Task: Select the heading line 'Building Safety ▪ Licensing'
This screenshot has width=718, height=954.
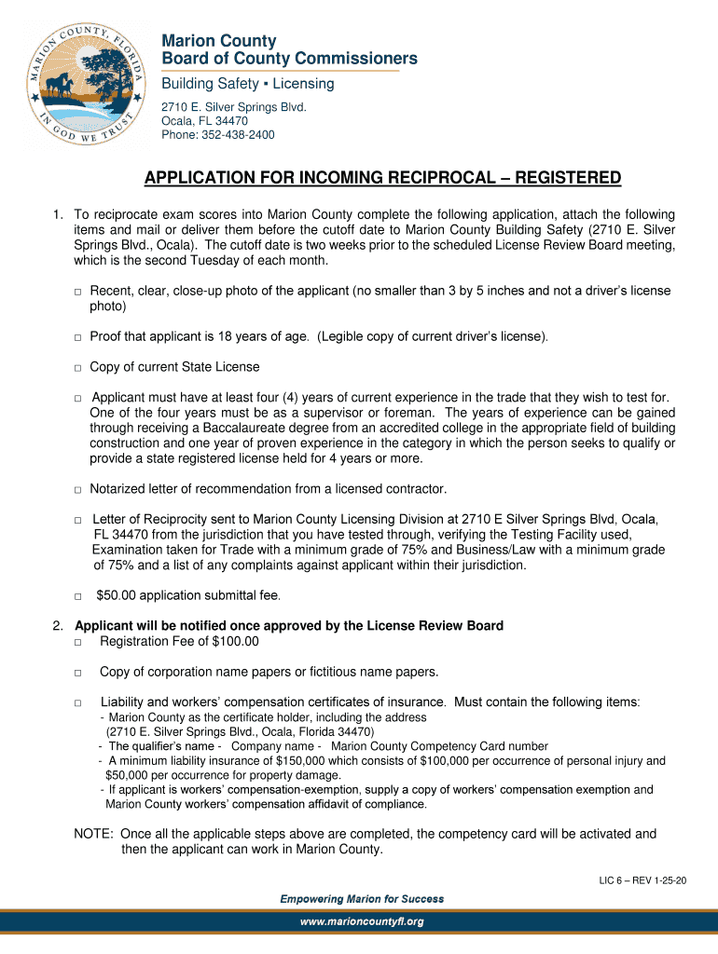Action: point(248,84)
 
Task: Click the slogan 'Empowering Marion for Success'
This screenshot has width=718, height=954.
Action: point(362,899)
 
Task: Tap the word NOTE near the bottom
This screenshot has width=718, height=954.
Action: point(94,834)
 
